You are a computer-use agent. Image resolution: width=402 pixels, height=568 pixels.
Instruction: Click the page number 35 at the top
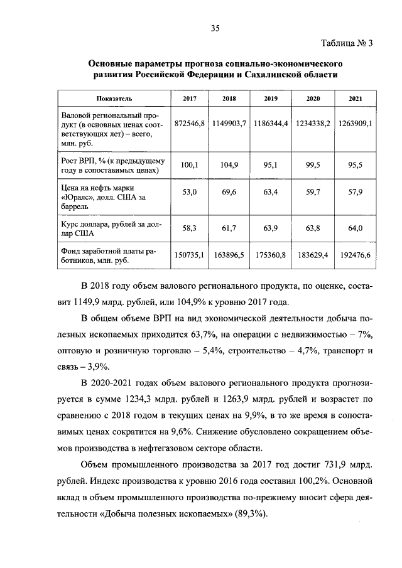coord(215,28)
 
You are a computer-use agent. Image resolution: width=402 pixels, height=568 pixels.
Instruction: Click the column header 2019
coord(271,99)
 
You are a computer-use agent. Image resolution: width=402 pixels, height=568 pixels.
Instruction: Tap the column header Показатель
coord(114,99)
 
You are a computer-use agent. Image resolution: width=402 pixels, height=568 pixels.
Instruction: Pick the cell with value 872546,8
coord(190,124)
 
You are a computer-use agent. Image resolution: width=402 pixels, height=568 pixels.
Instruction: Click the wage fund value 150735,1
coord(190,255)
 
